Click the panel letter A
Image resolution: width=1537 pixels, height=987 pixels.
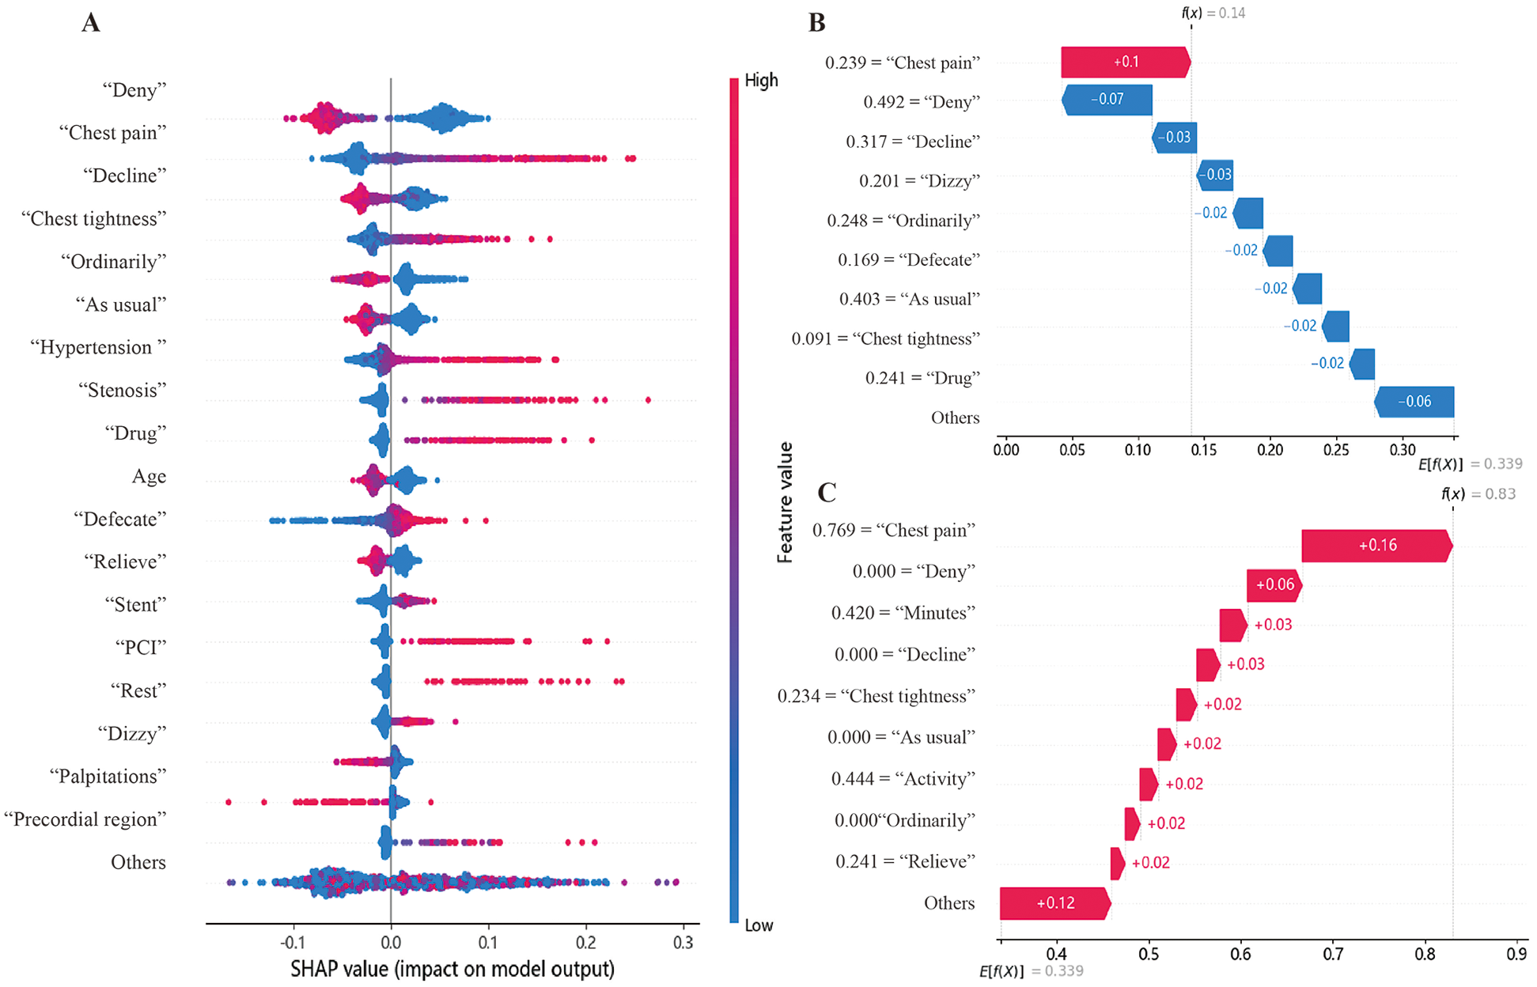tap(91, 22)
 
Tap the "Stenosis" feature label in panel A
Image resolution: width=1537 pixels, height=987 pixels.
tap(123, 390)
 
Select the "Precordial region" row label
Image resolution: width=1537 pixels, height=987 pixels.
tap(85, 819)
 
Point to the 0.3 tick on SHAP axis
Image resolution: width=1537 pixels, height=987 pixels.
tap(683, 942)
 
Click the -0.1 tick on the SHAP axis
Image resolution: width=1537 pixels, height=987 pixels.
tap(293, 942)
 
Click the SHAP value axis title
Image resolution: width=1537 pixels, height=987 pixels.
tap(452, 969)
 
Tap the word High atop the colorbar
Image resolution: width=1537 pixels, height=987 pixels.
tap(760, 81)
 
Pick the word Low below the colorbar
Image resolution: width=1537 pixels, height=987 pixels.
tap(759, 925)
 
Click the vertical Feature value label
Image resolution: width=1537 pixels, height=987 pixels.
tap(785, 502)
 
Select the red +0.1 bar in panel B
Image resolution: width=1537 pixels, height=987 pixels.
tap(1125, 62)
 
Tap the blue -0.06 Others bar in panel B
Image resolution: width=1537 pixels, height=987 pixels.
tap(1414, 402)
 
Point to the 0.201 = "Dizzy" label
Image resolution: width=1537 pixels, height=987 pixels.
tap(919, 181)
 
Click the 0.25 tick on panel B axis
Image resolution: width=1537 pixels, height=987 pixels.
tap(1336, 450)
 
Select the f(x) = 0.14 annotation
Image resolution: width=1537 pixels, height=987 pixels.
tap(1213, 13)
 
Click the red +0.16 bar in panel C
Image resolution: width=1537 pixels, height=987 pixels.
tap(1376, 546)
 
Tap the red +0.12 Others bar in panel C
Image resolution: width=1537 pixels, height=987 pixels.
tap(1054, 903)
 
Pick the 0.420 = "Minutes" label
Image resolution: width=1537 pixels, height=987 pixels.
tap(903, 613)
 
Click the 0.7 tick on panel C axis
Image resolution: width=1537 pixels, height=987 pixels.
tap(1333, 954)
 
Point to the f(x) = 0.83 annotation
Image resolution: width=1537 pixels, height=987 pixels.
tap(1478, 494)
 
